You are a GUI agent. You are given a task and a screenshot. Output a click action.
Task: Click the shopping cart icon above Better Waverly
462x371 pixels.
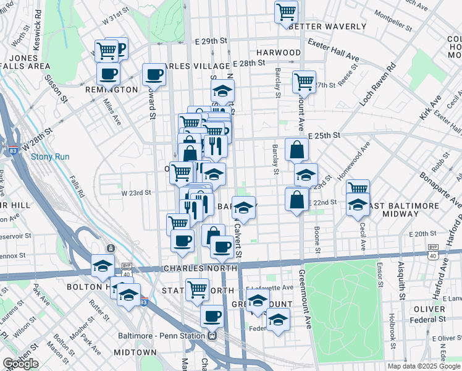286,11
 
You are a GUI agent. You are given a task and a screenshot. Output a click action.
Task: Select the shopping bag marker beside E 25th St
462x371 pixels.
297,150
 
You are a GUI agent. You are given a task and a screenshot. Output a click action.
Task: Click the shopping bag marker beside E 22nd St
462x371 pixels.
297,199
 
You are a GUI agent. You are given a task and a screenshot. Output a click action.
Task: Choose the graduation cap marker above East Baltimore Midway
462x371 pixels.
358,204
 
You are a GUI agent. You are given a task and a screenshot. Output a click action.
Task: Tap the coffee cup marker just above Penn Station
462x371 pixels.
212,316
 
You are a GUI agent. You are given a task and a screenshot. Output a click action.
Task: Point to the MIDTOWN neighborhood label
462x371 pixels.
139,352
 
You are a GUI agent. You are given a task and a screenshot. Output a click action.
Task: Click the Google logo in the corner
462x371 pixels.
20,364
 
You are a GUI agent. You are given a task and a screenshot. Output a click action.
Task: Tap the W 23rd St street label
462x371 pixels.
136,193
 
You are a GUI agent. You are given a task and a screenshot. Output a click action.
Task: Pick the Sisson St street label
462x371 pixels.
55,88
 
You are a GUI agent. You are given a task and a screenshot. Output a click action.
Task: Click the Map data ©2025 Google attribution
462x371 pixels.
423,366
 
